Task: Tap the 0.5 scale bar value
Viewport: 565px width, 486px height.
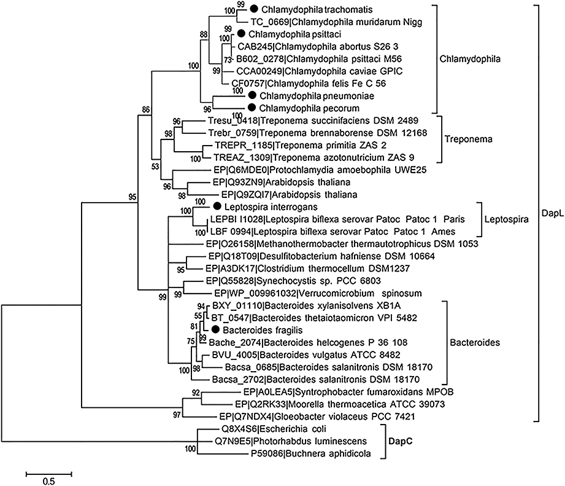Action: (49, 481)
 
